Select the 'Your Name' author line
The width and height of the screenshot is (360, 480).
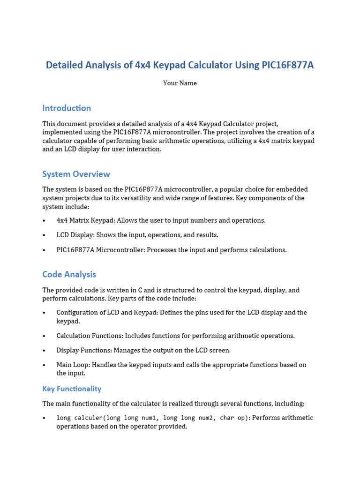tap(180, 83)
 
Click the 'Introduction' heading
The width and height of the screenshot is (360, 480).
tap(67, 108)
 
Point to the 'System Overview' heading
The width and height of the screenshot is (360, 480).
tap(76, 174)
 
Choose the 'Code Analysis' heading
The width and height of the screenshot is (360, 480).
tap(69, 275)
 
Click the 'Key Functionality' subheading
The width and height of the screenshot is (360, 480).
tap(72, 389)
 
